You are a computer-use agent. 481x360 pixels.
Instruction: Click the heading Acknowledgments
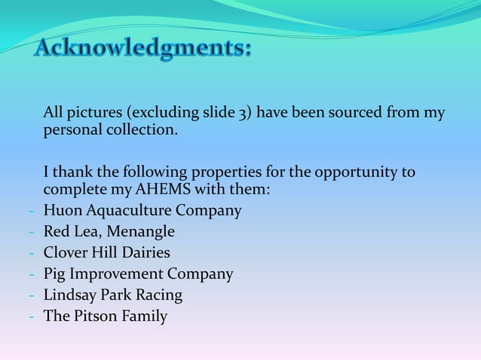point(143,50)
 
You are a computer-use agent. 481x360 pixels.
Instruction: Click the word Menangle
point(140,231)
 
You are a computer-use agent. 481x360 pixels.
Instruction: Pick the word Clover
point(64,252)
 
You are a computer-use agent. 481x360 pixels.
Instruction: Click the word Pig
point(55,273)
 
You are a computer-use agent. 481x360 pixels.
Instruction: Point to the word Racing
point(158,294)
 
